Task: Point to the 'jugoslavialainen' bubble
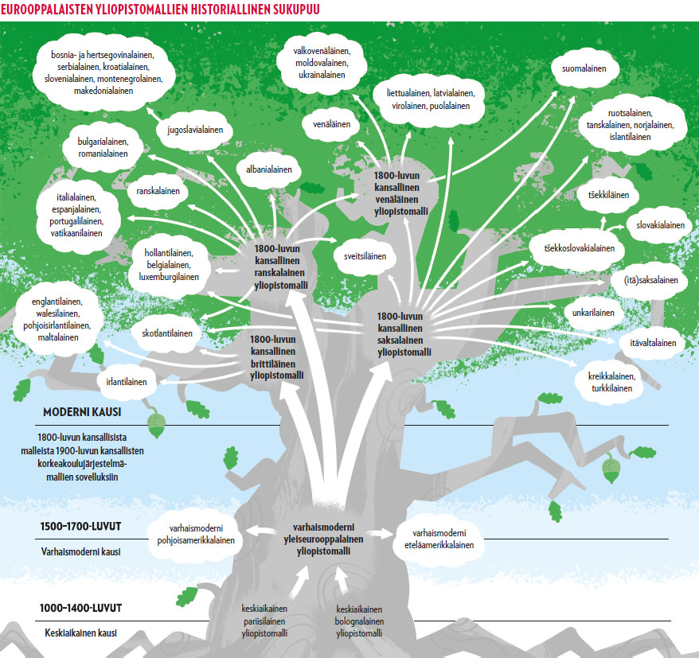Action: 194,129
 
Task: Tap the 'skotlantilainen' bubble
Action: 167,333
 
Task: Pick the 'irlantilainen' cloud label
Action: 127,382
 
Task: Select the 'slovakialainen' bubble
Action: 660,225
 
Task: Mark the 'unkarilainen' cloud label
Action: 593,313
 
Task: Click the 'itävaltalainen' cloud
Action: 652,344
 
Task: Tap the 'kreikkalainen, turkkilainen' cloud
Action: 611,382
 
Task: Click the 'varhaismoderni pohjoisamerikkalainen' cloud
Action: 195,534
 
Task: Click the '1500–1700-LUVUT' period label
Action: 80,527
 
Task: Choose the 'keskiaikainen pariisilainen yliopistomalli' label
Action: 264,621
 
